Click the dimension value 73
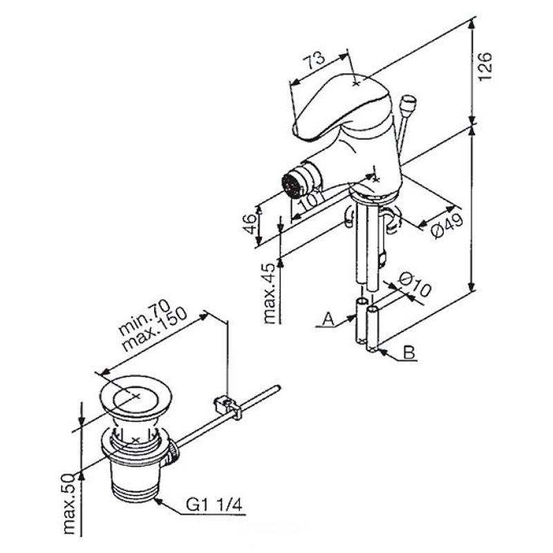[x=314, y=62]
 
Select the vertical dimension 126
[x=486, y=66]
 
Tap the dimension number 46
[x=252, y=223]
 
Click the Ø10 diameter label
[x=415, y=284]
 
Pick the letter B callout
[x=409, y=353]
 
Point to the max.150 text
[x=156, y=330]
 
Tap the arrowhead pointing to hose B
[x=383, y=352]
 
